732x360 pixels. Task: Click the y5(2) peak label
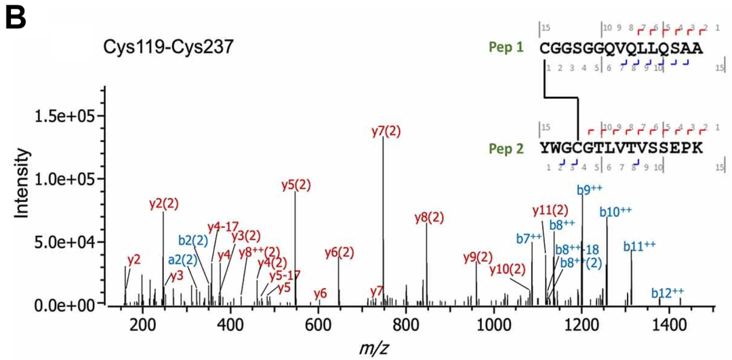click(296, 184)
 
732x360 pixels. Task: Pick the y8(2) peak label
click(429, 218)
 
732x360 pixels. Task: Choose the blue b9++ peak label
click(590, 189)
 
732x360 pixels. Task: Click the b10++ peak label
click(614, 212)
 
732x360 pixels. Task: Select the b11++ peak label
click(640, 245)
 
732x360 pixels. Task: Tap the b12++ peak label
click(668, 292)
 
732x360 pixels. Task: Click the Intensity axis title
click(22, 184)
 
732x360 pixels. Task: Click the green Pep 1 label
click(506, 49)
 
